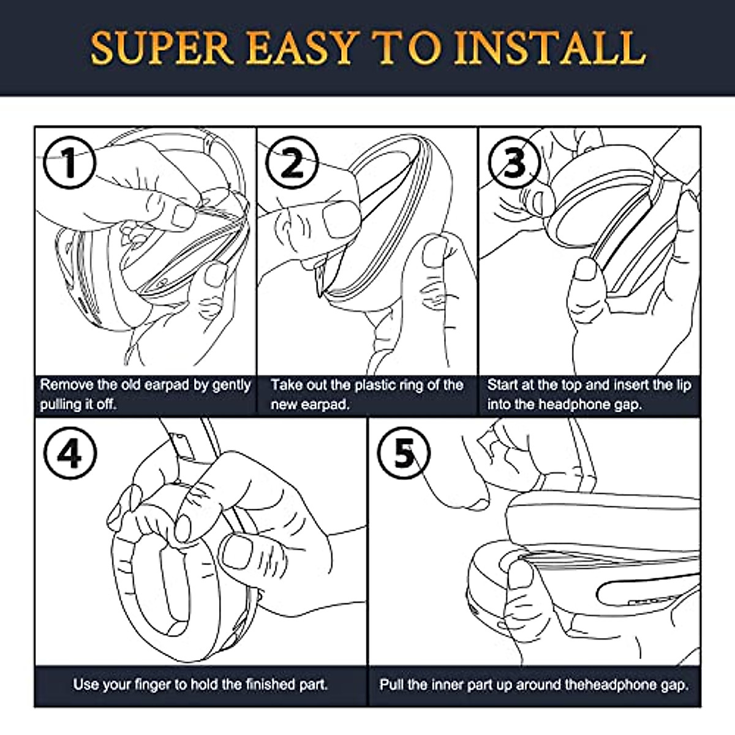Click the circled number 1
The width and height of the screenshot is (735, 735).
point(69,162)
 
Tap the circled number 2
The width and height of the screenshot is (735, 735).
point(292,162)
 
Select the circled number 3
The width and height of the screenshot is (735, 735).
point(514,162)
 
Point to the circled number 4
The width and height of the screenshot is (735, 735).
point(70,453)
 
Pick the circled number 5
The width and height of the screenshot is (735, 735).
point(404,453)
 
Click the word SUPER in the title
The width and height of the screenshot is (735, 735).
point(162,48)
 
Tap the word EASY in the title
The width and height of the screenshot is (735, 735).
point(301,48)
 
